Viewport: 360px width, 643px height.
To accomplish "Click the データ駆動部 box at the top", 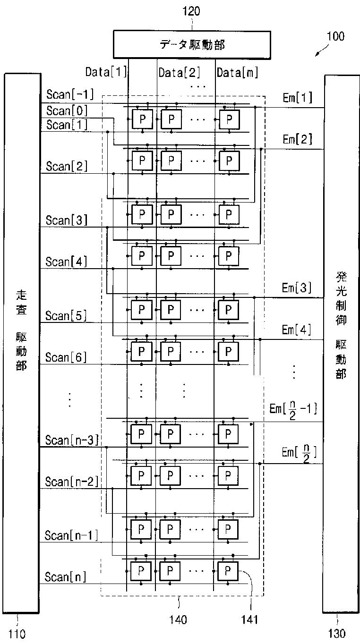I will click(x=191, y=45).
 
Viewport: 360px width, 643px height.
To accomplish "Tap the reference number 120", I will click(x=191, y=11).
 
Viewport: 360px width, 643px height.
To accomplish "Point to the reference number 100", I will click(x=335, y=36).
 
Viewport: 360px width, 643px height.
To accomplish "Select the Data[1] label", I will click(x=106, y=72).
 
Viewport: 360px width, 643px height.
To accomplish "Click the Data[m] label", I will click(x=238, y=72).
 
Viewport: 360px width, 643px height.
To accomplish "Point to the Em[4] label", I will click(x=296, y=330).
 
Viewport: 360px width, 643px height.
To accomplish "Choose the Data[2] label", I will click(x=180, y=72).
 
